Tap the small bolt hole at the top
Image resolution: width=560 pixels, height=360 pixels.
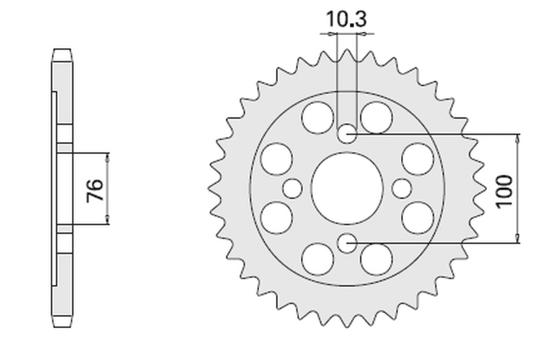(x=347, y=134)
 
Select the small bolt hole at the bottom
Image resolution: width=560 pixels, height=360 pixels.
(x=347, y=243)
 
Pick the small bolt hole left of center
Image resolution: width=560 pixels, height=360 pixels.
(x=293, y=189)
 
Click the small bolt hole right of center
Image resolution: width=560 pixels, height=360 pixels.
(x=402, y=189)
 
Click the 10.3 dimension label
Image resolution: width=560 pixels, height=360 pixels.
(x=346, y=20)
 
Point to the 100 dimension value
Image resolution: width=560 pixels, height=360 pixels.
(x=504, y=191)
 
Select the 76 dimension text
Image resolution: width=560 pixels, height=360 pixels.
(x=95, y=189)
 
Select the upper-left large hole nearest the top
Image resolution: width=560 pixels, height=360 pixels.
(x=317, y=117)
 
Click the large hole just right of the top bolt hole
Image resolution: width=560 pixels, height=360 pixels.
(x=377, y=117)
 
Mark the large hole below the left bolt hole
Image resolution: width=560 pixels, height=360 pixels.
(x=277, y=218)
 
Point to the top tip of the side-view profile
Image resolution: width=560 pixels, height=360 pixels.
(x=63, y=49)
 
